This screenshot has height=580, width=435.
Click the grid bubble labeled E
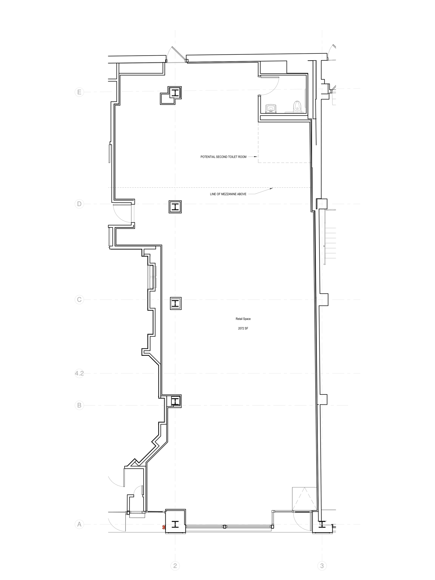79,92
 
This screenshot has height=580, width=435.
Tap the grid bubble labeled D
79,204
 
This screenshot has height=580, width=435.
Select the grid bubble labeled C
79,300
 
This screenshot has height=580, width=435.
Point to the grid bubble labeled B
79,405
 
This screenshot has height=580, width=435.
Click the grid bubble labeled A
79,524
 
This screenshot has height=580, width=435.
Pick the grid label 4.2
79,373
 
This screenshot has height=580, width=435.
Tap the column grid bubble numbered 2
175,566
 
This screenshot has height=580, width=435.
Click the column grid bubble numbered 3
322,566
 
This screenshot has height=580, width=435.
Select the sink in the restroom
271,108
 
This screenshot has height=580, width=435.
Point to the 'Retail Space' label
243,319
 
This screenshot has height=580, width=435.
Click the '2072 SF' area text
243,328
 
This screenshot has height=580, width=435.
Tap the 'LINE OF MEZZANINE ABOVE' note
228,194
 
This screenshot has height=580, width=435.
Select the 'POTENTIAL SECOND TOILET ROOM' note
223,157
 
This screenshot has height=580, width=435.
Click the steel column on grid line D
175,206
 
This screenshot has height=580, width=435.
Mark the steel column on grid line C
176,303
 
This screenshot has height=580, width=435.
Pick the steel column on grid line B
176,401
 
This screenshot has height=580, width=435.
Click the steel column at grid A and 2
176,524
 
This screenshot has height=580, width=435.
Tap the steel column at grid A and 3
322,524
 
